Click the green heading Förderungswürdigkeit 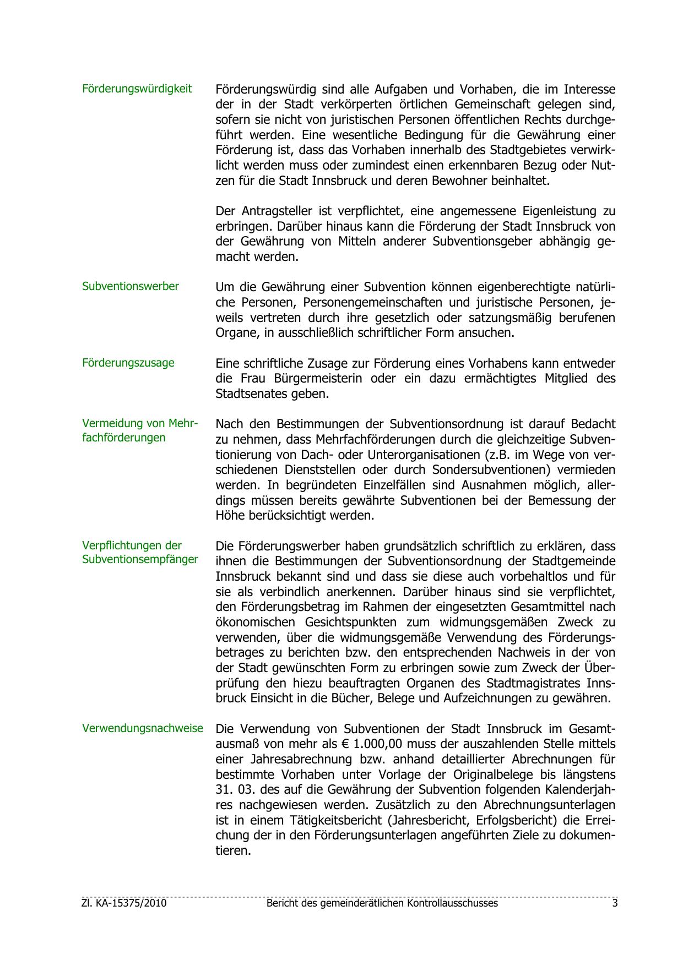[137, 89]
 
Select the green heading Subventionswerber [131, 286]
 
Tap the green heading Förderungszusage [128, 363]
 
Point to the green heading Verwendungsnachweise [143, 728]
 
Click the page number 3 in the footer [615, 903]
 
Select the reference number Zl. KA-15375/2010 [124, 903]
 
